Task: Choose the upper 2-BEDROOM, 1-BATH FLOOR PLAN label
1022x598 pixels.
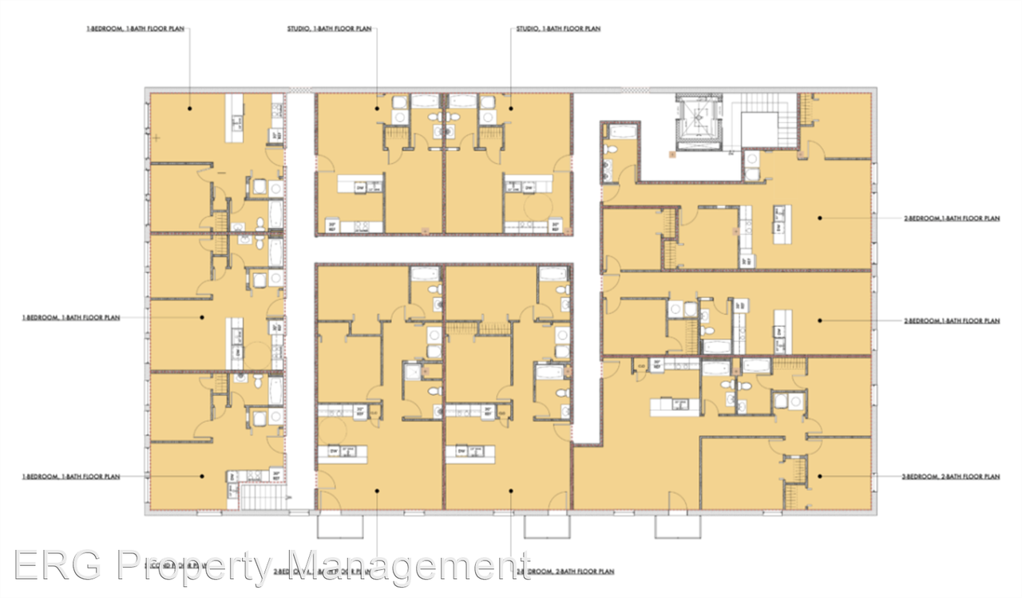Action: click(x=951, y=217)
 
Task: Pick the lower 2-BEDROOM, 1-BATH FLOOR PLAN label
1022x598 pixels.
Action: click(x=951, y=321)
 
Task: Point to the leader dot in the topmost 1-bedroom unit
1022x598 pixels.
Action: click(x=189, y=106)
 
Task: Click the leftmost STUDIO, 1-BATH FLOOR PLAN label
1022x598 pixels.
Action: click(x=329, y=29)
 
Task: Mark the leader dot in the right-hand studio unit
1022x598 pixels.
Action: click(x=511, y=106)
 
